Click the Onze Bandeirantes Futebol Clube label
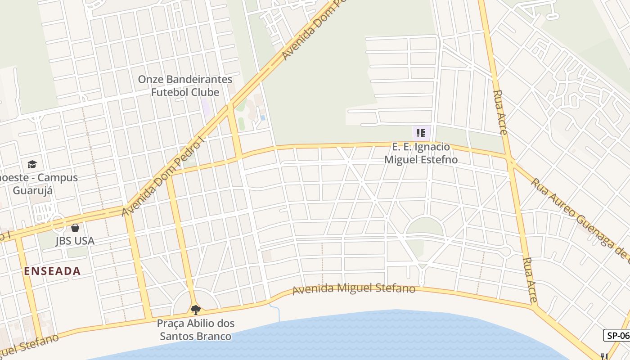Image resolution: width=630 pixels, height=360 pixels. click(185, 85)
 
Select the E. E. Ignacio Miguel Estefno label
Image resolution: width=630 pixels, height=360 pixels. click(421, 153)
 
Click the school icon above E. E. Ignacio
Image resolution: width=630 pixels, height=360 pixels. click(421, 133)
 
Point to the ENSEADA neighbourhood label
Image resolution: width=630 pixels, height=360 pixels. click(52, 271)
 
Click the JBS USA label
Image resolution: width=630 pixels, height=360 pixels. click(75, 241)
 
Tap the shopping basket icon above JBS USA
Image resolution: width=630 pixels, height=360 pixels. click(75, 228)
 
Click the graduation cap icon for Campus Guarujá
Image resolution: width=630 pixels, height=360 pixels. click(32, 164)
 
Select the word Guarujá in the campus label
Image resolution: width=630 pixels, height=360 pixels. click(32, 190)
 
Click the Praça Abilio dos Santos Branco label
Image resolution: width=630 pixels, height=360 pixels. click(196, 329)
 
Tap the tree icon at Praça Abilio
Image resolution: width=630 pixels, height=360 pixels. click(195, 310)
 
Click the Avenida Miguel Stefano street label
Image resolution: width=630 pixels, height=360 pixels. click(354, 288)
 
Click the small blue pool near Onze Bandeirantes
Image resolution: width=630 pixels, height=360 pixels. click(262, 118)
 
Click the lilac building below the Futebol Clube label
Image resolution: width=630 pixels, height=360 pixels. click(206, 107)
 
